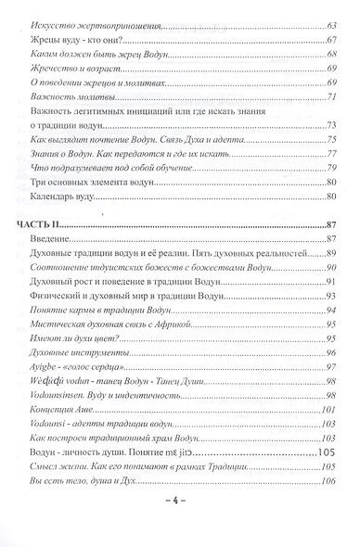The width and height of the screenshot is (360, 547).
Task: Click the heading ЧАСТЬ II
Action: pyautogui.click(x=43, y=226)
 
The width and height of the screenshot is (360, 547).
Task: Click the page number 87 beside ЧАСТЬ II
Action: pyautogui.click(x=336, y=226)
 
